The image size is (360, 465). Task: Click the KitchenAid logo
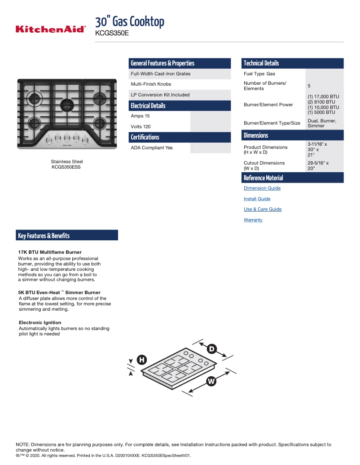coord(50,30)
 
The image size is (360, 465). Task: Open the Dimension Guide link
coord(262,188)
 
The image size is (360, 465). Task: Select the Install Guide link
coord(257,199)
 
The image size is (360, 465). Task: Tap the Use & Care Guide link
coord(262,209)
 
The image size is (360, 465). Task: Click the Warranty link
coord(253,220)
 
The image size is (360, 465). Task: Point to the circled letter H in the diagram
coord(141,360)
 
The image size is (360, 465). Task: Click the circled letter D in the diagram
coord(212,349)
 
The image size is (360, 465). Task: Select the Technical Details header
coord(261,63)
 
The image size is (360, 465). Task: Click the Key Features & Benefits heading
coord(44,236)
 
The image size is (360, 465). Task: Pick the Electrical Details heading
coord(148,106)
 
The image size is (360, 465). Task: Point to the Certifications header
coord(145,137)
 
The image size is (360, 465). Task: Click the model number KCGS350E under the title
coord(112,33)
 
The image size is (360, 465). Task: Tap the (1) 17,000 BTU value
coord(323,97)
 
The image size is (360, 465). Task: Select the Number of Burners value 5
coord(309,86)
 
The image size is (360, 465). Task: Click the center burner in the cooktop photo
coord(67,106)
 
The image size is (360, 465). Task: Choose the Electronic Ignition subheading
coord(40,323)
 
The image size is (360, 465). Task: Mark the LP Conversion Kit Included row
coord(160,95)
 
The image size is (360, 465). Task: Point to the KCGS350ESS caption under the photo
coord(66,167)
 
